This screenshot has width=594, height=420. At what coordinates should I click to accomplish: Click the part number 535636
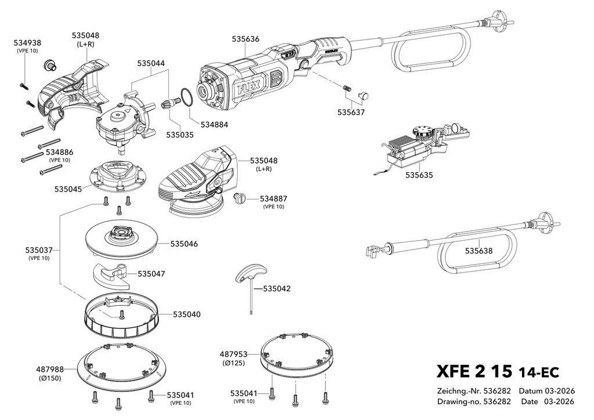pyautogui.click(x=245, y=39)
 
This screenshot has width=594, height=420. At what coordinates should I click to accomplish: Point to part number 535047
pyautogui.click(x=151, y=273)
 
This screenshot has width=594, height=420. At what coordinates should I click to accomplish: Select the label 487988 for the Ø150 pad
pyautogui.click(x=50, y=370)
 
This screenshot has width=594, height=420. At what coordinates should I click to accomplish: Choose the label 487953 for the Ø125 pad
pyautogui.click(x=233, y=354)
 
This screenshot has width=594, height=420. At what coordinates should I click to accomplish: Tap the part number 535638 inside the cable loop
pyautogui.click(x=479, y=251)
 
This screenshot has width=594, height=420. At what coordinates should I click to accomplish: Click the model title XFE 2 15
pyautogui.click(x=475, y=371)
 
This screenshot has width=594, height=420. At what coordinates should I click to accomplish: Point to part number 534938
pyautogui.click(x=27, y=43)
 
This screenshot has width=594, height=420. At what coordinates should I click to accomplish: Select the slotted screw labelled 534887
pyautogui.click(x=240, y=198)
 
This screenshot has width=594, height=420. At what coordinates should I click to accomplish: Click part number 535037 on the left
pyautogui.click(x=39, y=251)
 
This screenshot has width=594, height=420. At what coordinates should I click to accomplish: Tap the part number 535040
pyautogui.click(x=187, y=314)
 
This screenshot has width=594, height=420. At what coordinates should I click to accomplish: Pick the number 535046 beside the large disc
pyautogui.click(x=184, y=244)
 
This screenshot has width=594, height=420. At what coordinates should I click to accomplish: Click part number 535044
pyautogui.click(x=151, y=63)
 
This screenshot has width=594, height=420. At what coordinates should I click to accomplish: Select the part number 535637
pyautogui.click(x=351, y=113)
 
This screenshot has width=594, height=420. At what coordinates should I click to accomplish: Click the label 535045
pyautogui.click(x=68, y=189)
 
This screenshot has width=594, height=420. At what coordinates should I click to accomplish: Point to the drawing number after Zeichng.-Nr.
pyautogui.click(x=497, y=391)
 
